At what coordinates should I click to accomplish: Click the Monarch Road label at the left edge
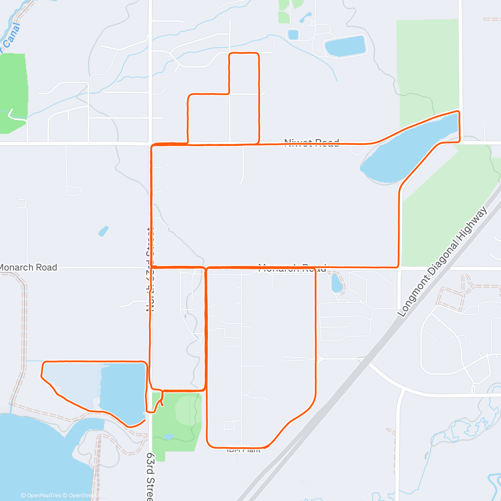tap(28, 267)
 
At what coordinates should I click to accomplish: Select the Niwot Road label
tap(311, 143)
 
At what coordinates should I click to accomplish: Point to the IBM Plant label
tap(244, 450)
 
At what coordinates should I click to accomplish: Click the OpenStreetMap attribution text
tap(87, 496)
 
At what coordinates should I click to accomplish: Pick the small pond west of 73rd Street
tap(103, 231)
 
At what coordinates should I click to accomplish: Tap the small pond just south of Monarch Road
tap(337, 283)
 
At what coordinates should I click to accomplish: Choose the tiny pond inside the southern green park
tap(169, 437)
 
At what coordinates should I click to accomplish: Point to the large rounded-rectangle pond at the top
tap(345, 46)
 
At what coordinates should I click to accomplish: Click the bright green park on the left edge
tap(13, 92)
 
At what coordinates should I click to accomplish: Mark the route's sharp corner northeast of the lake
tap(459, 112)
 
